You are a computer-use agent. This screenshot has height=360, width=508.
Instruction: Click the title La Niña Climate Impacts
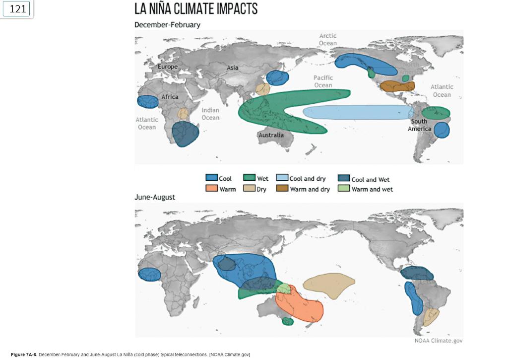click(196, 9)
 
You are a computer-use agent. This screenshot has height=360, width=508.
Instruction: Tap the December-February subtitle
click(167, 25)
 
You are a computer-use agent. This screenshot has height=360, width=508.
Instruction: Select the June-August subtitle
click(155, 197)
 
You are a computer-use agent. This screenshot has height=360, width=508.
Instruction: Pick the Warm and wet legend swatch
click(343, 189)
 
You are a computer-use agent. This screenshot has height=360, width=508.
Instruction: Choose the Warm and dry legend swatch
click(282, 189)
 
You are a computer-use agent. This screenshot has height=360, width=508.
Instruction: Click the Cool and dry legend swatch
click(282, 179)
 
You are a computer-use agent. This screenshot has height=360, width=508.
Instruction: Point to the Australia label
click(271, 135)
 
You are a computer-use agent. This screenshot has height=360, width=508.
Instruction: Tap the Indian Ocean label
click(210, 114)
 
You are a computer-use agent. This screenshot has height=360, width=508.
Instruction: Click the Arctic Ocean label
click(328, 39)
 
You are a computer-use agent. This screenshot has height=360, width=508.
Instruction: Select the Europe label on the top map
click(167, 67)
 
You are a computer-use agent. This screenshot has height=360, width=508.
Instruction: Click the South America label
click(419, 125)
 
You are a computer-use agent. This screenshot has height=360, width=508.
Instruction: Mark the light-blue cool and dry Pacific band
click(357, 113)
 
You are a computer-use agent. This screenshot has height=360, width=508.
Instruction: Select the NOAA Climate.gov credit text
click(438, 340)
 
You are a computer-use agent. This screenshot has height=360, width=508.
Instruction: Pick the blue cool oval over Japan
click(277, 78)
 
